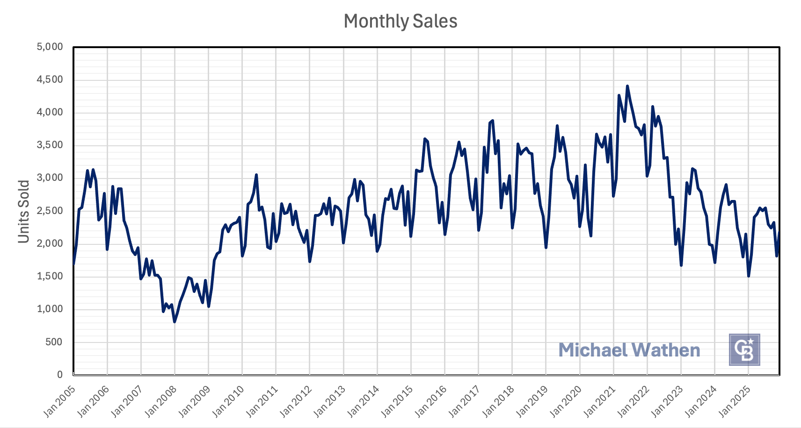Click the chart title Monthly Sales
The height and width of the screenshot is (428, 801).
(x=400, y=21)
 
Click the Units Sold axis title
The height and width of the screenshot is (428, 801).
(x=24, y=212)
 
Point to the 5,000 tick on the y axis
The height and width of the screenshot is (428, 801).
(x=50, y=47)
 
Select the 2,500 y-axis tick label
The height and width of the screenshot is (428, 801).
(x=50, y=211)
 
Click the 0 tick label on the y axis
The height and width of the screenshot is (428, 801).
(x=59, y=375)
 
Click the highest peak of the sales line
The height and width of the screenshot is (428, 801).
(x=627, y=86)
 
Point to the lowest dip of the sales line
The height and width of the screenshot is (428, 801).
(x=175, y=321)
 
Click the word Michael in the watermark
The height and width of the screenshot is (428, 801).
(x=592, y=350)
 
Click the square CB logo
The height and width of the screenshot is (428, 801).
(x=744, y=350)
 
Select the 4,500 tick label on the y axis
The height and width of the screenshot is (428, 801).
(x=50, y=79)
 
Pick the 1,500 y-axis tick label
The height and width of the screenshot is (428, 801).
(x=50, y=276)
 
